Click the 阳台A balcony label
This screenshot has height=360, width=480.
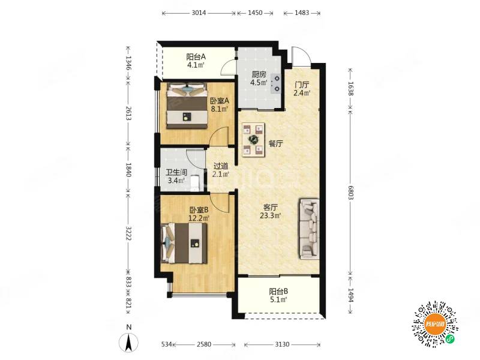196,57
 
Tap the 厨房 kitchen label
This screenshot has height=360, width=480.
259,74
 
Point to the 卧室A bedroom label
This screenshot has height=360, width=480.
220,101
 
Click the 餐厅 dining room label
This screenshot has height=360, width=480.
275,143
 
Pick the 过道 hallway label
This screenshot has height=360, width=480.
221,166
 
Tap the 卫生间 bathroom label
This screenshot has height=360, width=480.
176,173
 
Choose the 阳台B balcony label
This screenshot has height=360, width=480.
278,292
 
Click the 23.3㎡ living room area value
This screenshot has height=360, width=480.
271,215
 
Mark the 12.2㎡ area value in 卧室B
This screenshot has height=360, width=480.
199,218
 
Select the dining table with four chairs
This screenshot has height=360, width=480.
253,140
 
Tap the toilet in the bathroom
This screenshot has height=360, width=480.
195,183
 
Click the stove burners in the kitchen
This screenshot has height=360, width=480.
277,83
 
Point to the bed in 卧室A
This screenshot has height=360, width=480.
187,106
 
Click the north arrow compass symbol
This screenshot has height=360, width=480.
129,340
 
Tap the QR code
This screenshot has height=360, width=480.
434,324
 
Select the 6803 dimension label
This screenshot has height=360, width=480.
351,192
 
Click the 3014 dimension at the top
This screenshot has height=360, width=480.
199,13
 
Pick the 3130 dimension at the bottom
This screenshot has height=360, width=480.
282,344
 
